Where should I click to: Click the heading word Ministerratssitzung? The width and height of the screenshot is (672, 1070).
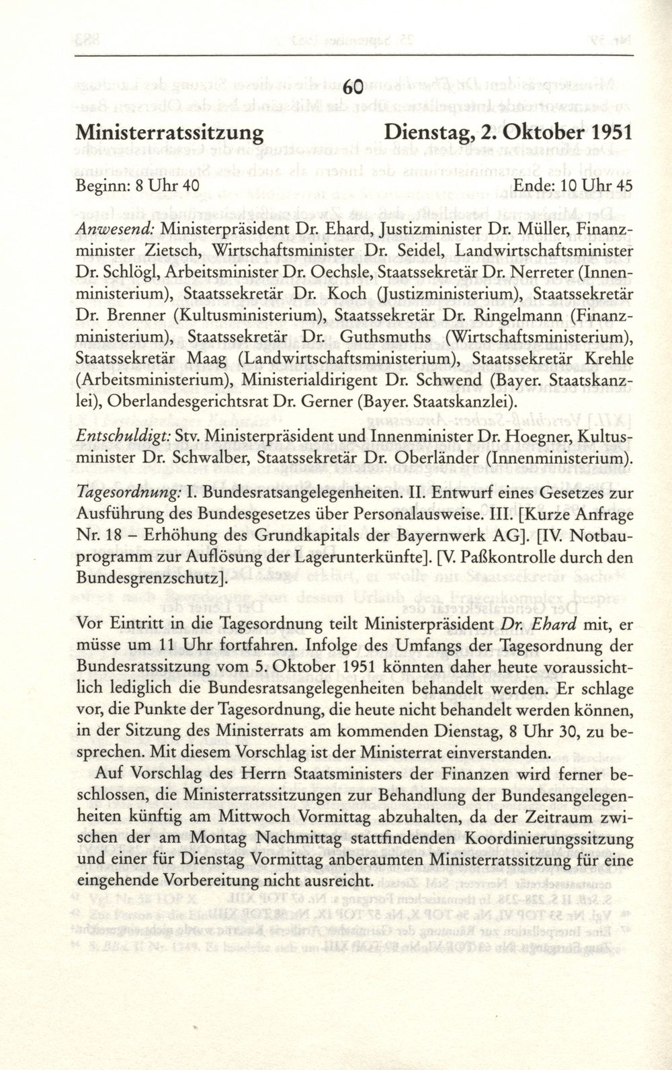(170, 131)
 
